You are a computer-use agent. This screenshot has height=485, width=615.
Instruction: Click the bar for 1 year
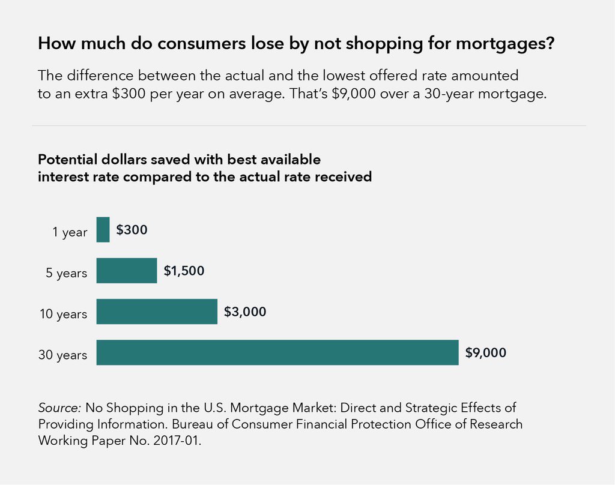103,230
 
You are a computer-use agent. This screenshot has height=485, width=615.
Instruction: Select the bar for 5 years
126,271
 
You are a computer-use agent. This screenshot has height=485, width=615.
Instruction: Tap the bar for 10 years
156,312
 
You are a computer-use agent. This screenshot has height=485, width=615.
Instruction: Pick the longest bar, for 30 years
277,352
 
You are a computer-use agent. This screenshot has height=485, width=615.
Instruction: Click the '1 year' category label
71,232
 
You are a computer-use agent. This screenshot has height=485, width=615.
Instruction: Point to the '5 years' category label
67,273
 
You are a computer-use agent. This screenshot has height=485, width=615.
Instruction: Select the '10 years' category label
63,314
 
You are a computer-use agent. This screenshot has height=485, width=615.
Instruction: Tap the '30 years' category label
63,355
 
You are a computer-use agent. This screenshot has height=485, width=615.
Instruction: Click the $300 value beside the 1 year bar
132,230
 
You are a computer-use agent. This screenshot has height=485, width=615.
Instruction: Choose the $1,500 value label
184,271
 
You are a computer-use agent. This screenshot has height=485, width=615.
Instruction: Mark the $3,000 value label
244,312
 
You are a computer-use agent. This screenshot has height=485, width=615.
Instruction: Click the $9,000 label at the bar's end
485,352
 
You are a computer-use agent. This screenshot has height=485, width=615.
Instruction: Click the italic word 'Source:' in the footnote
60,408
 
